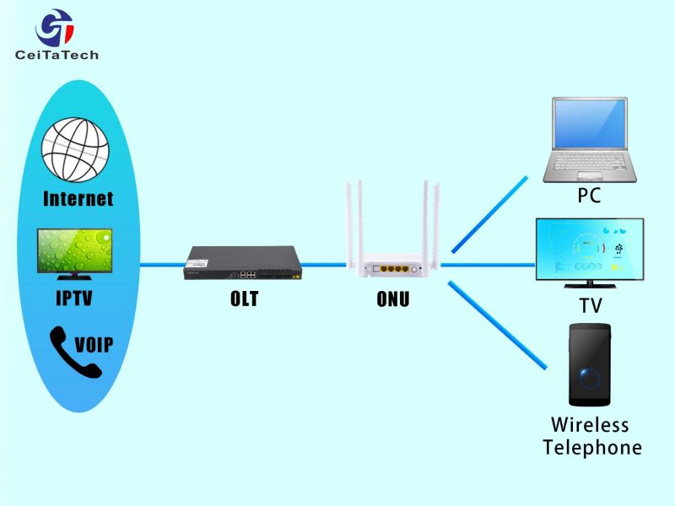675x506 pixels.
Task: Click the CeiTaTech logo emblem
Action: (55, 28)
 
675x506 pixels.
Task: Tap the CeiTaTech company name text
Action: (57, 55)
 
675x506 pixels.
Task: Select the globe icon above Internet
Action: (75, 150)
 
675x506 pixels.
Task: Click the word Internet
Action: (78, 199)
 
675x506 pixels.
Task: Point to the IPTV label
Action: (74, 298)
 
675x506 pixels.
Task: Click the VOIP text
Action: (94, 345)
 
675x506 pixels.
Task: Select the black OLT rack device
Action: (243, 263)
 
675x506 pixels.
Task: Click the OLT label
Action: (244, 299)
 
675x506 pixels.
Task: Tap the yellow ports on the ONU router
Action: (394, 269)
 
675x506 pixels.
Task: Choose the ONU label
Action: (392, 299)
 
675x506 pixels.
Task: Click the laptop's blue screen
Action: (590, 123)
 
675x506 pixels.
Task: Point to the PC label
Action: (589, 196)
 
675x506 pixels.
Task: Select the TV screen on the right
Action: (590, 250)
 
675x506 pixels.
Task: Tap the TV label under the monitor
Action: (590, 306)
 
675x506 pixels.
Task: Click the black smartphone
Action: (590, 365)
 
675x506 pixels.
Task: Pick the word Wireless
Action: (590, 425)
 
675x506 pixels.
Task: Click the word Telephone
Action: (592, 448)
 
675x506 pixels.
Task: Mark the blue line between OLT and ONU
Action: (324, 265)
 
